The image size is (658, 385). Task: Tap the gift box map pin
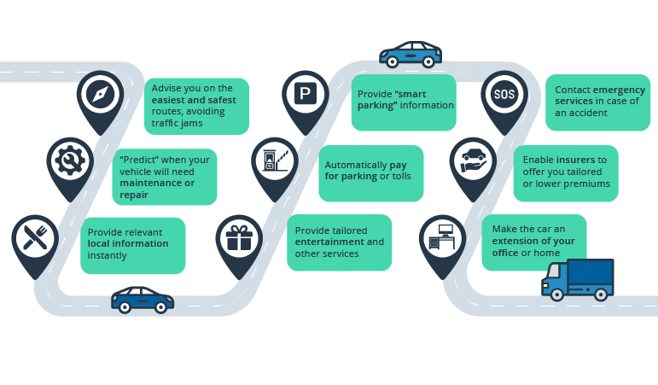(x=240, y=238)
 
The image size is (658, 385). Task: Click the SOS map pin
(x=504, y=95)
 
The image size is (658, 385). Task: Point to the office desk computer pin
(x=444, y=238)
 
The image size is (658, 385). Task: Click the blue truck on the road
(x=578, y=278)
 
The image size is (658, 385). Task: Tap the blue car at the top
(x=411, y=55)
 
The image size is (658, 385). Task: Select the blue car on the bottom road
(x=143, y=299)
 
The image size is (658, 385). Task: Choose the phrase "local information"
(x=128, y=243)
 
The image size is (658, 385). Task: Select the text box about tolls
(x=371, y=170)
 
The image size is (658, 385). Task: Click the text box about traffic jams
(x=195, y=106)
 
